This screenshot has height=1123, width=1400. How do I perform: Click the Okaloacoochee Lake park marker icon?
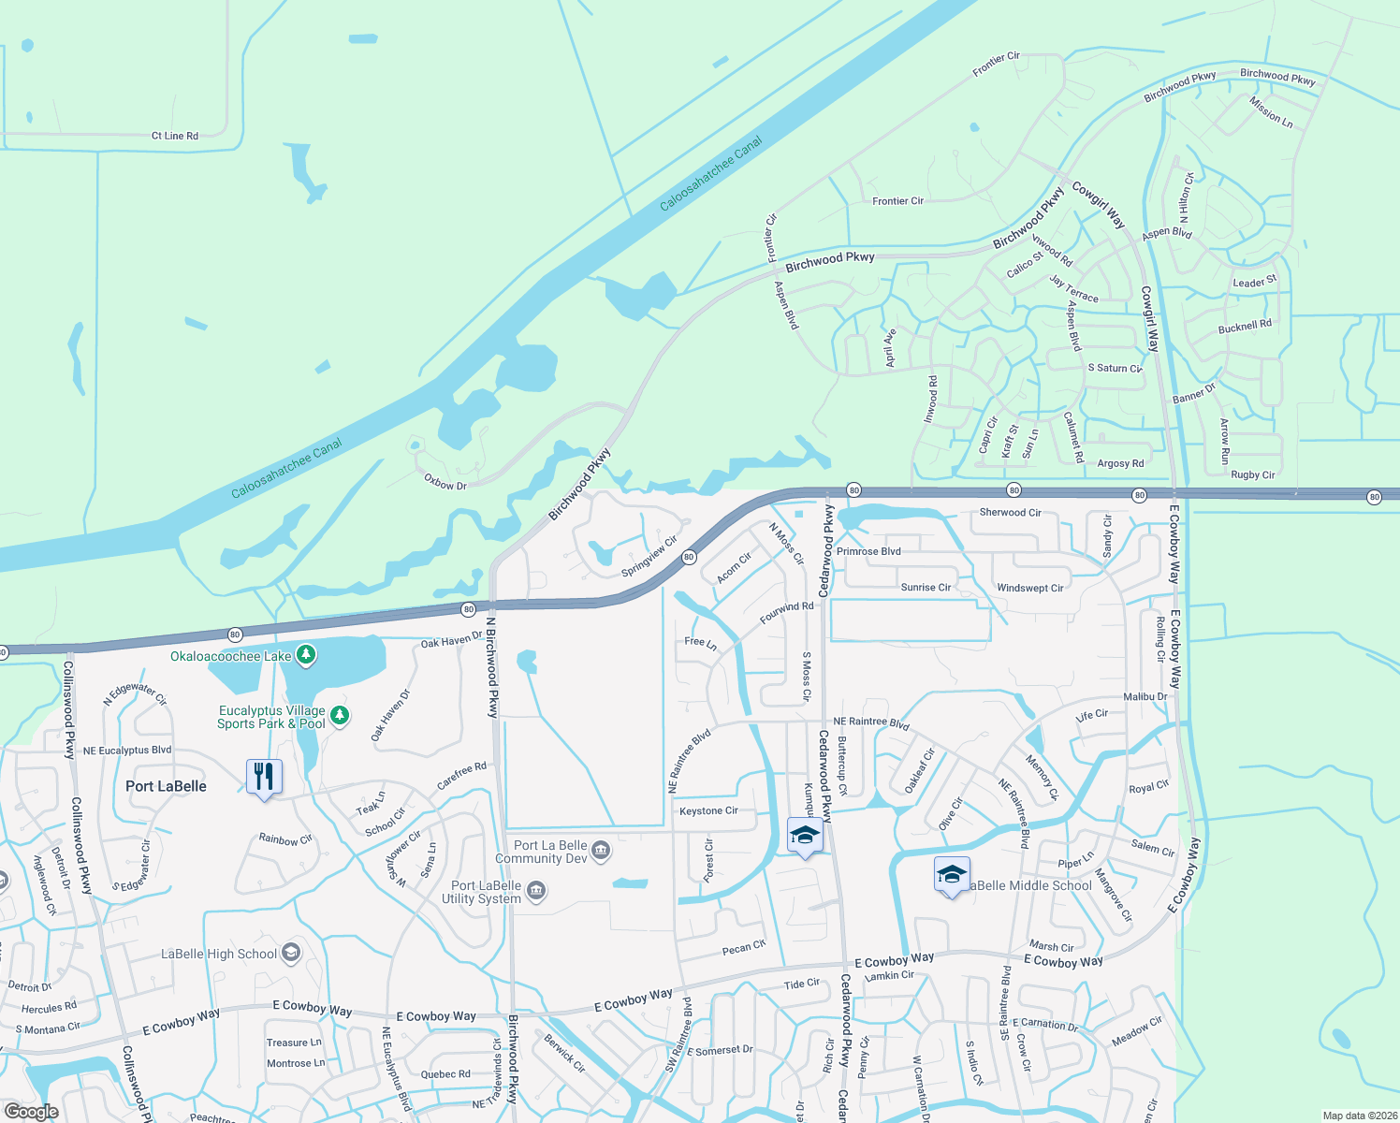coord(306,655)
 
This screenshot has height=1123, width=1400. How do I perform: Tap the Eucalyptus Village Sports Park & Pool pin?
coord(340,716)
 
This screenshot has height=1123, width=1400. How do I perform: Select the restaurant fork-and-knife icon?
coord(264,777)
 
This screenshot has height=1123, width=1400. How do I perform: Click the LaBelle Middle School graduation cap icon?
coord(952,875)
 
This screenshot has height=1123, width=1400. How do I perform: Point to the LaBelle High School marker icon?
coord(291,953)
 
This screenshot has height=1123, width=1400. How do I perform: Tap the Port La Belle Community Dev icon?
coord(601,851)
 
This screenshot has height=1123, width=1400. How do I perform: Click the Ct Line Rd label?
coord(175,136)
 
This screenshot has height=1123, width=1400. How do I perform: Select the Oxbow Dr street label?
coord(445,482)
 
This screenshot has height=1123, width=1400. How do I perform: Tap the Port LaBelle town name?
coord(166,786)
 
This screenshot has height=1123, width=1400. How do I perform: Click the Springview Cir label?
coord(649,558)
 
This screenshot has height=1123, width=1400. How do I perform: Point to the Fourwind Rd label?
coord(786,613)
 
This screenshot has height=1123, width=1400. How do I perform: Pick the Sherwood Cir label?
coord(1010,512)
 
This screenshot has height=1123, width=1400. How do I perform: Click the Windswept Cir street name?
coord(1029,588)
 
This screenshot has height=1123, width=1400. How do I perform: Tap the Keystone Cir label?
coord(708,810)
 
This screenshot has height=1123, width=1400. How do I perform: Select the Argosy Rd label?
coord(1120,463)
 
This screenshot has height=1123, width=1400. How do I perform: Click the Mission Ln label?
coord(1271,112)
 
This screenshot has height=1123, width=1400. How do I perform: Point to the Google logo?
coord(31,1112)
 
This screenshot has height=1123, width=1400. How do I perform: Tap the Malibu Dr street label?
coord(1145,696)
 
